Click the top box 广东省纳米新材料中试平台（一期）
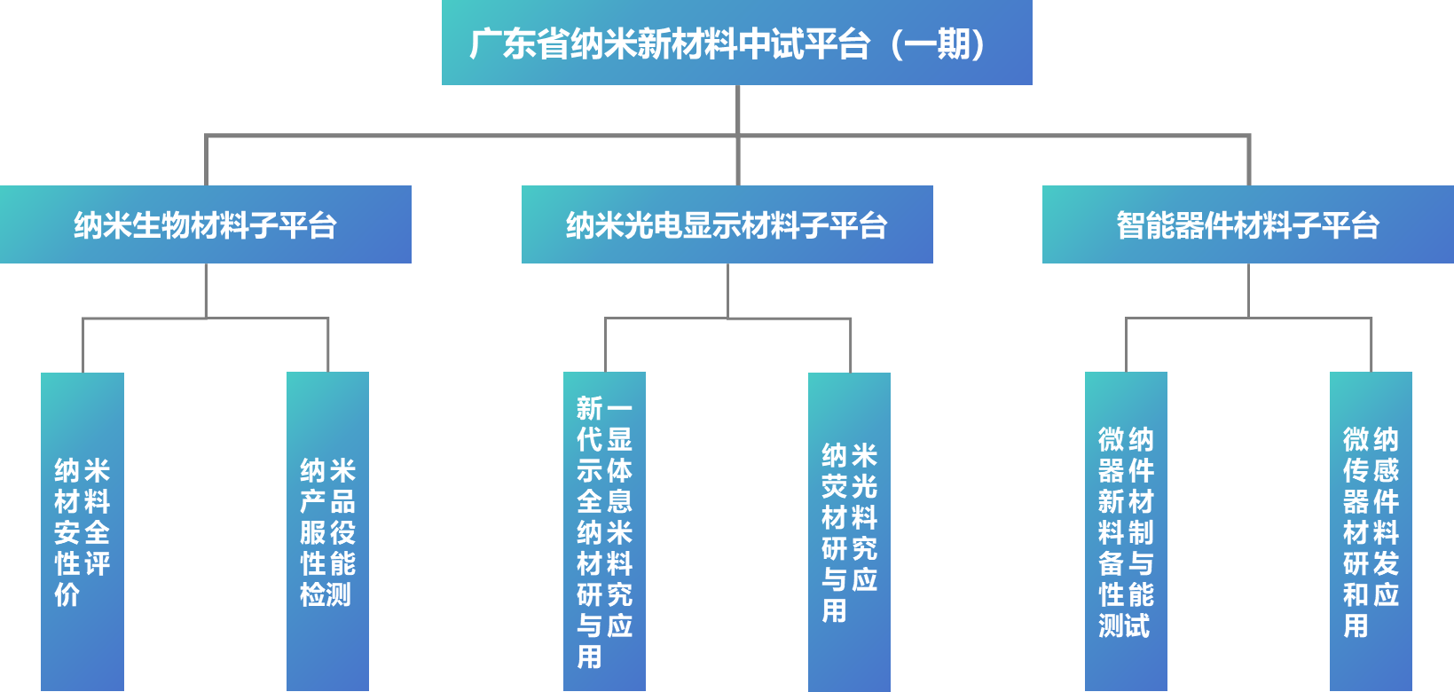tap(736, 43)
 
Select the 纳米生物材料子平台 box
tap(205, 224)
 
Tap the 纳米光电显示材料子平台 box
tap(727, 224)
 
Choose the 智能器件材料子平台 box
tap(1247, 224)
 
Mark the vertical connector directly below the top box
tap(737, 110)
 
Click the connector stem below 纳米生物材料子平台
tap(206, 290)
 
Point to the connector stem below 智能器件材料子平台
tap(1248, 290)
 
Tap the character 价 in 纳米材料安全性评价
tap(67, 594)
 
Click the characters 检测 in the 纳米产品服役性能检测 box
tap(326, 594)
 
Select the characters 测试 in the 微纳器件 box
tap(1125, 625)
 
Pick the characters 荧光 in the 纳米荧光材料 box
tap(849, 486)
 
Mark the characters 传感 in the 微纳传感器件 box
tap(1371, 470)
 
